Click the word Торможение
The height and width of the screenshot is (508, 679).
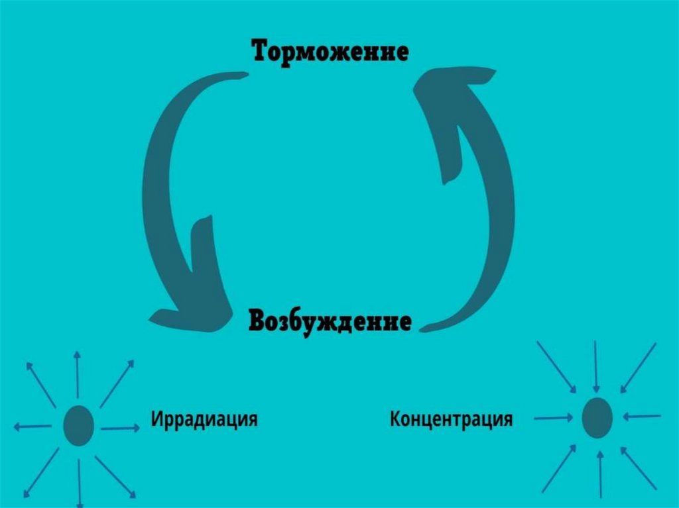point(330,52)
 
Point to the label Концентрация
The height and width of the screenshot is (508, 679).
point(451,419)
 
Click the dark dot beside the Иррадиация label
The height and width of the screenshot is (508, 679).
point(78,425)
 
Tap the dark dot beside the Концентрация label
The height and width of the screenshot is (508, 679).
point(597,418)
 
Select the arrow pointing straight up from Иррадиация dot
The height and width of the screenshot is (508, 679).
point(77,374)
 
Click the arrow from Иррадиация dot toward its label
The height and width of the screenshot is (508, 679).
point(119,429)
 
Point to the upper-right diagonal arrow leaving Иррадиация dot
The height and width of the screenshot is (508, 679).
point(117,383)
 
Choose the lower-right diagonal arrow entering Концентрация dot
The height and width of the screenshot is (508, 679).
point(639,467)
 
